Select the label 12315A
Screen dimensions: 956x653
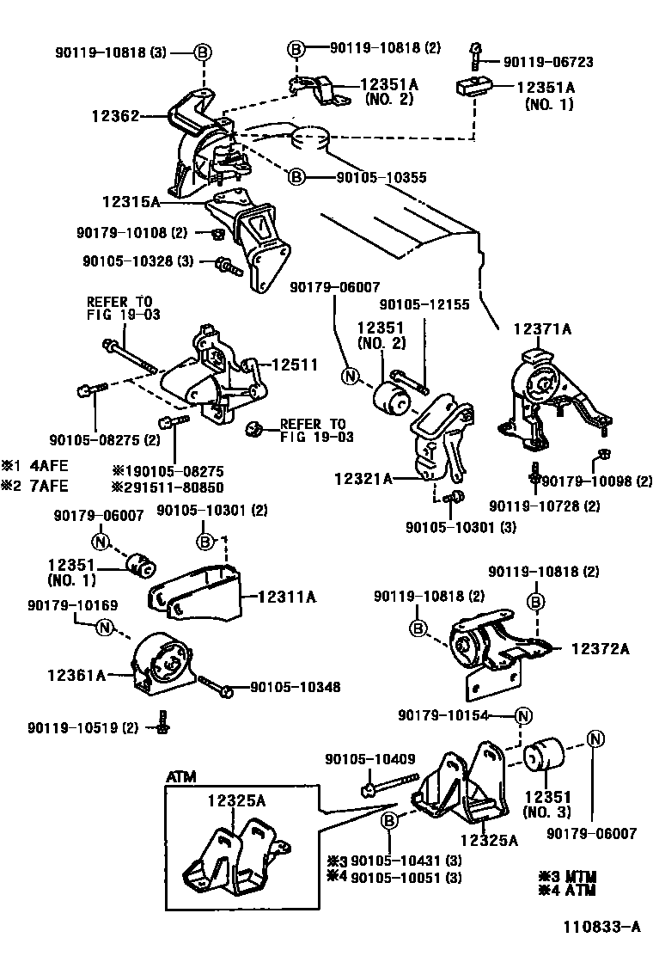tap(131, 202)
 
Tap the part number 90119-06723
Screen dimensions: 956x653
tap(548, 62)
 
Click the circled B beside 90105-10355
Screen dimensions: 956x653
tap(296, 177)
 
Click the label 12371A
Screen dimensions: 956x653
tap(543, 328)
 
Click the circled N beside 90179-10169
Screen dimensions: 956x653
tap(105, 628)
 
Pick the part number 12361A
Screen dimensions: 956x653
tap(76, 676)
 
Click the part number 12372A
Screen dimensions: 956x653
tap(599, 649)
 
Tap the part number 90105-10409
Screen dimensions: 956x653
tap(370, 759)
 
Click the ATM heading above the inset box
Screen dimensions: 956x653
tap(180, 777)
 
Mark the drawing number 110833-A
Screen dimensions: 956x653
tap(601, 927)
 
